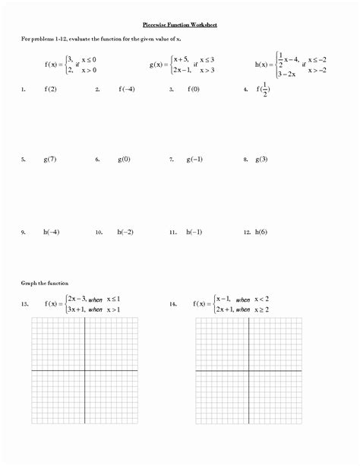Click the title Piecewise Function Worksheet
(x=180, y=24)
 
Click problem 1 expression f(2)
(x=52, y=89)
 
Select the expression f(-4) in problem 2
(x=127, y=89)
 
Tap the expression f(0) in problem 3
(x=195, y=89)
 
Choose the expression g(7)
(x=51, y=160)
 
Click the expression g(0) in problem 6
(x=124, y=160)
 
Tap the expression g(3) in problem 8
(x=261, y=160)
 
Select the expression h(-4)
(x=52, y=231)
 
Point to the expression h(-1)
(x=196, y=231)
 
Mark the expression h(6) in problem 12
(x=261, y=231)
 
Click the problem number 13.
(x=25, y=304)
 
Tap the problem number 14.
(x=174, y=304)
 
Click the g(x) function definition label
(x=160, y=65)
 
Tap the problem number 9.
(x=24, y=232)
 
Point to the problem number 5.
(x=24, y=160)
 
